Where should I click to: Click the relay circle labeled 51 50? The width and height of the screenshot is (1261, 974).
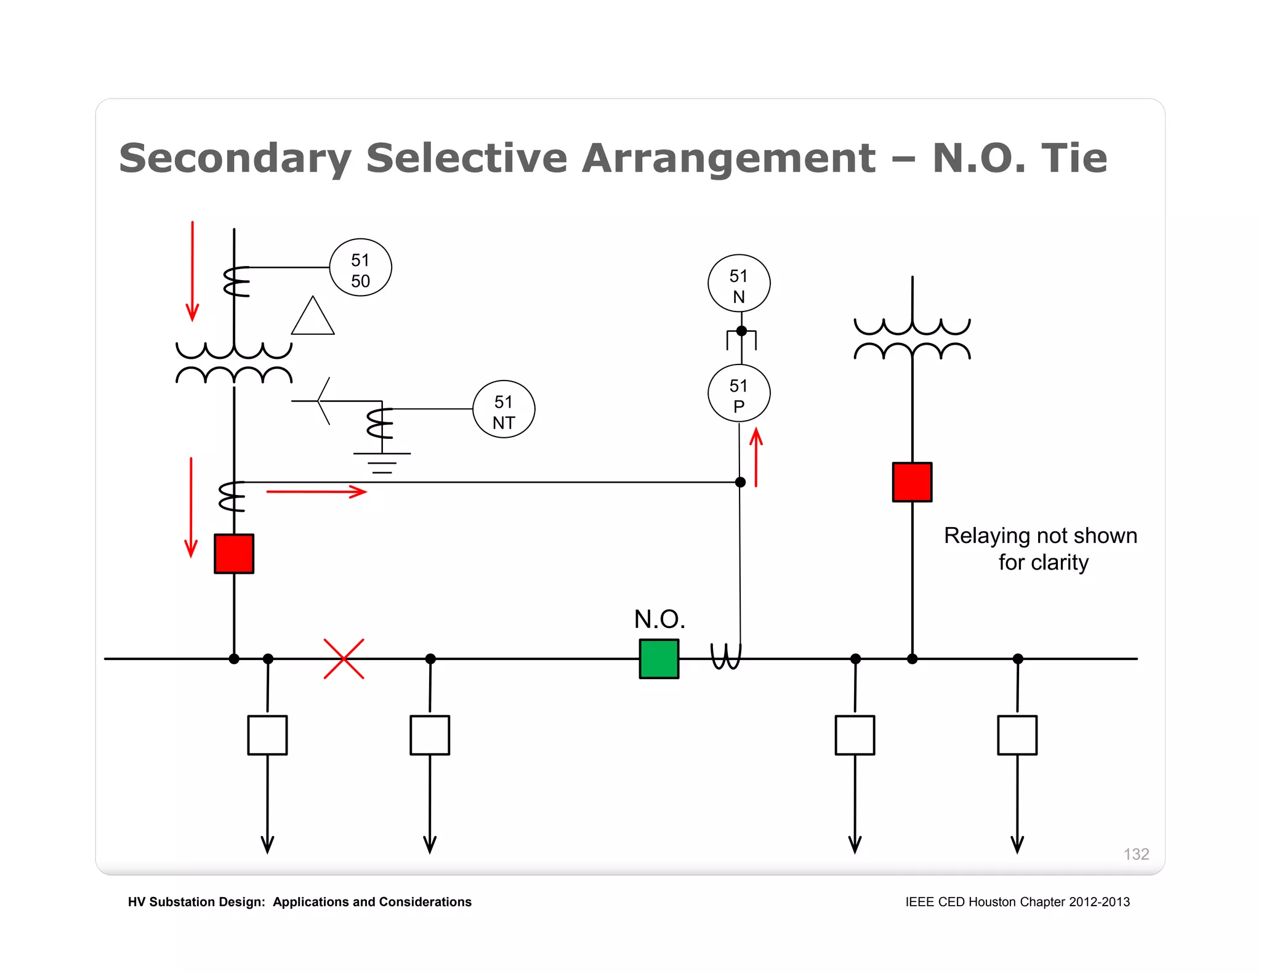(x=360, y=268)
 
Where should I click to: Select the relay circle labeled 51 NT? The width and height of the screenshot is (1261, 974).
(x=504, y=409)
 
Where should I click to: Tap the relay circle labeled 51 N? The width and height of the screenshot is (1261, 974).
(x=739, y=283)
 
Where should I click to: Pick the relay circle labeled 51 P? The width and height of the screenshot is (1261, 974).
(x=739, y=393)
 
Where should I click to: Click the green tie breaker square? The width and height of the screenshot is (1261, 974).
(x=659, y=659)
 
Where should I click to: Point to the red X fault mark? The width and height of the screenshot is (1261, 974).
(x=344, y=659)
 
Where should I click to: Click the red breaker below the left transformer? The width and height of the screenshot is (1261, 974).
(x=234, y=553)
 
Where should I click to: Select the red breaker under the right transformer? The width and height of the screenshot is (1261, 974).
(x=912, y=482)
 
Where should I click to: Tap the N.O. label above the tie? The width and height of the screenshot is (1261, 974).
(x=659, y=619)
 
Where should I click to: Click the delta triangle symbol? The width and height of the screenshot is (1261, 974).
(x=313, y=318)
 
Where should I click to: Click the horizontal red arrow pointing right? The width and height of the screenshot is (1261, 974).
(x=316, y=491)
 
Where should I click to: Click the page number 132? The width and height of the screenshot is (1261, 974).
(x=1136, y=854)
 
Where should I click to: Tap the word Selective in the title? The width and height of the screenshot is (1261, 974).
(x=466, y=158)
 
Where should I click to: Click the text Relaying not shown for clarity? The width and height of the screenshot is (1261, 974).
(x=1041, y=549)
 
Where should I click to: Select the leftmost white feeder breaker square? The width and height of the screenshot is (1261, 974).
(x=267, y=735)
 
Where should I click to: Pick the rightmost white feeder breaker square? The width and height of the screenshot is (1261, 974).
(x=1017, y=735)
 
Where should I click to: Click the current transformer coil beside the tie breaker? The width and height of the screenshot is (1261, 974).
(x=726, y=656)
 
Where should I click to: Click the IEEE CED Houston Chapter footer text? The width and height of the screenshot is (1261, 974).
(x=1017, y=902)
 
